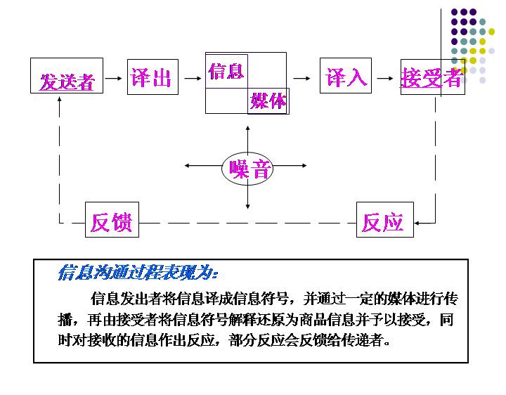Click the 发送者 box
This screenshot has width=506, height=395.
pyautogui.click(x=67, y=76)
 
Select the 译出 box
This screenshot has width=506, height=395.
pyautogui.click(x=153, y=77)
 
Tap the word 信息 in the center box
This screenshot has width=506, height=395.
pyautogui.click(x=226, y=71)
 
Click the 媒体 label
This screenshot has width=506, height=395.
pyautogui.click(x=268, y=101)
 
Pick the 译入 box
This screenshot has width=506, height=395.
pyautogui.click(x=346, y=77)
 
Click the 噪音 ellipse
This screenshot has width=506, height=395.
pyautogui.click(x=248, y=168)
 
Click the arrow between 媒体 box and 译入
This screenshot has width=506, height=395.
pyautogui.click(x=303, y=77)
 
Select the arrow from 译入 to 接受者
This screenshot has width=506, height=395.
pyautogui.click(x=384, y=77)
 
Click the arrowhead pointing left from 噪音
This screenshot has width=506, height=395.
pyautogui.click(x=187, y=166)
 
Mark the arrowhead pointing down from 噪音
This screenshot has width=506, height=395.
pyautogui.click(x=248, y=207)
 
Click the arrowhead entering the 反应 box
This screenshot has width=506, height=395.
pyautogui.click(x=417, y=223)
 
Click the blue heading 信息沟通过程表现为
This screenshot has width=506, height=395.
pyautogui.click(x=137, y=273)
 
